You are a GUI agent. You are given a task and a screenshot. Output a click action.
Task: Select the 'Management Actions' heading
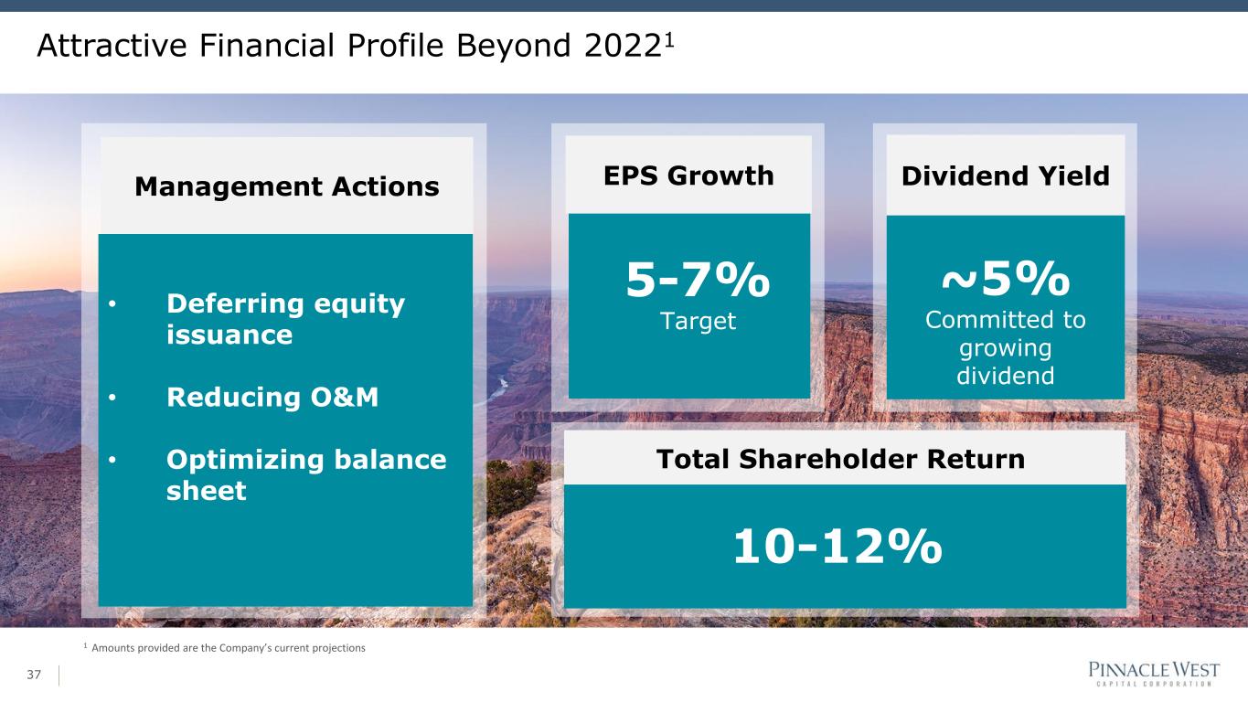286,186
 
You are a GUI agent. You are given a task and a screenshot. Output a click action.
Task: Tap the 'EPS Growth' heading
688,175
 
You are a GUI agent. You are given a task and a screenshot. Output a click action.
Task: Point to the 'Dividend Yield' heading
1006,175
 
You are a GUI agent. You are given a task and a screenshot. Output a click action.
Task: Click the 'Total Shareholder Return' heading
841,459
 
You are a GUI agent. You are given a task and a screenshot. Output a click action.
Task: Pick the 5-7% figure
698,280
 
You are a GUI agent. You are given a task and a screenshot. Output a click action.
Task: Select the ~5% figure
1006,279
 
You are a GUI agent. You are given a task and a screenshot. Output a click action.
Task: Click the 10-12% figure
837,547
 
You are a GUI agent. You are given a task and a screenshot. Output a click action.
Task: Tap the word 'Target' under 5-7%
698,322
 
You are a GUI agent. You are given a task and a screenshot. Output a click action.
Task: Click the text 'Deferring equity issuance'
285,319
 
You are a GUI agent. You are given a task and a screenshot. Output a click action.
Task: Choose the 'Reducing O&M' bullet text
272,398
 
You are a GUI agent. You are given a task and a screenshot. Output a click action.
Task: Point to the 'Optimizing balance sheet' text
306,475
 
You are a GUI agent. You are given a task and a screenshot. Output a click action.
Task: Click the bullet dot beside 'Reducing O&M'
112,398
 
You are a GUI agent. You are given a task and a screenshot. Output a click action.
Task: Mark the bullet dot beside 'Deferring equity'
112,304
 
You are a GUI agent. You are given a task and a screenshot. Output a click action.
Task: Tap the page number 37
34,675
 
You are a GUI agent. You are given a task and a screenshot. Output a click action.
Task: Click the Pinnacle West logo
1154,673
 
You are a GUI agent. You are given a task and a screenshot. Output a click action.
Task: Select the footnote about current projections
225,647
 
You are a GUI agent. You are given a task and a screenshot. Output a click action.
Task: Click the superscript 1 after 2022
669,39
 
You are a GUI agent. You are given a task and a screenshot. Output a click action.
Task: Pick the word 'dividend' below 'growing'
1006,376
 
